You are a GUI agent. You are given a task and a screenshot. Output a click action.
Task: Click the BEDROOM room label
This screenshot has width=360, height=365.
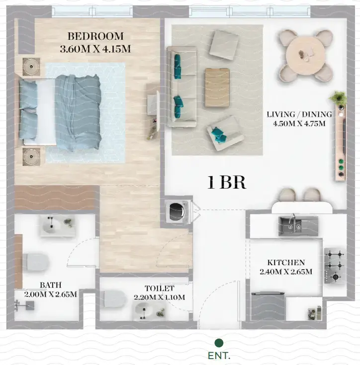pos(95,36)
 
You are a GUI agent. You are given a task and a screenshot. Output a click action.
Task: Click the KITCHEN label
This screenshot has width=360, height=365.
pos(286,262)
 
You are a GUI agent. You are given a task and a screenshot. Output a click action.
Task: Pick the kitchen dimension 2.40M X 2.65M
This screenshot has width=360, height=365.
pos(286,272)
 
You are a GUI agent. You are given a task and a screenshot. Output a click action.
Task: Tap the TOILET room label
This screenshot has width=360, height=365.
pos(159,288)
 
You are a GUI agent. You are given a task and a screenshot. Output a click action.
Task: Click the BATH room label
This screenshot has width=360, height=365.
pos(51,285)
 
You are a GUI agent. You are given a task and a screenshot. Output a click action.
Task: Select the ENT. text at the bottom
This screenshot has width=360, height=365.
pos(219,356)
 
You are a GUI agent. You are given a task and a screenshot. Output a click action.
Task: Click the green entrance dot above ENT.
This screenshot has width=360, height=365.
pos(218,343)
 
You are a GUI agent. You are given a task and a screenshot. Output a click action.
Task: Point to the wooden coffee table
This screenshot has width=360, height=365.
pos(217,87)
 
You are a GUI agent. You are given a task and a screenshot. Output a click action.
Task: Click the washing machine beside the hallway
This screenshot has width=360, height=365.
pos(177,212)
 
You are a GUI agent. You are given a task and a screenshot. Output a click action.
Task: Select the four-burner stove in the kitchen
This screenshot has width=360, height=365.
pos(335,265)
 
